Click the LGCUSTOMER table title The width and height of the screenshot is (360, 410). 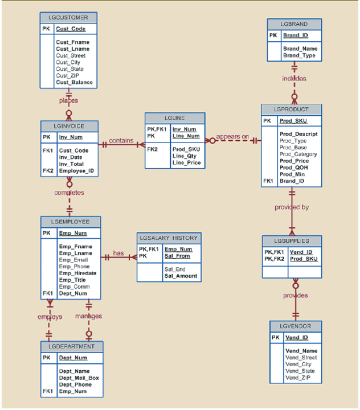[68, 17]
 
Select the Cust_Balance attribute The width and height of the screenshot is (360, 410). [74, 82]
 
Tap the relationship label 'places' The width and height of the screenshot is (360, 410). [68, 100]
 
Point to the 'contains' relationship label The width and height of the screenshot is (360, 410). [121, 140]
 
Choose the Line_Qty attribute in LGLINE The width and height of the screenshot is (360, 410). [185, 156]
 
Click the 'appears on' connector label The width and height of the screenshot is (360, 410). [232, 137]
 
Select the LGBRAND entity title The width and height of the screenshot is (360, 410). [294, 24]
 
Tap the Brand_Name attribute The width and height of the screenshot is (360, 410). [300, 49]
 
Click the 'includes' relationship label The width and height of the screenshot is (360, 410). [294, 78]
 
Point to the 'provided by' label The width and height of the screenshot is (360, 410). [291, 207]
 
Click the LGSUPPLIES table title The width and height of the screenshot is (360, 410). [291, 240]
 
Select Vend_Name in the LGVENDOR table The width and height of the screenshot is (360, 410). [301, 351]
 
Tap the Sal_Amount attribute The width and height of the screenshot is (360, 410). [181, 276]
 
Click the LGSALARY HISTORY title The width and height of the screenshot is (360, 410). [169, 238]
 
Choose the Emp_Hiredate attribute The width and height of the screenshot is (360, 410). [77, 273]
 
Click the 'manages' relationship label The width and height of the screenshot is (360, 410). [88, 316]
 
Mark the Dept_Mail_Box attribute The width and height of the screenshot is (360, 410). [78, 378]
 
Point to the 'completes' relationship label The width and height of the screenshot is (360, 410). [69, 193]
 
